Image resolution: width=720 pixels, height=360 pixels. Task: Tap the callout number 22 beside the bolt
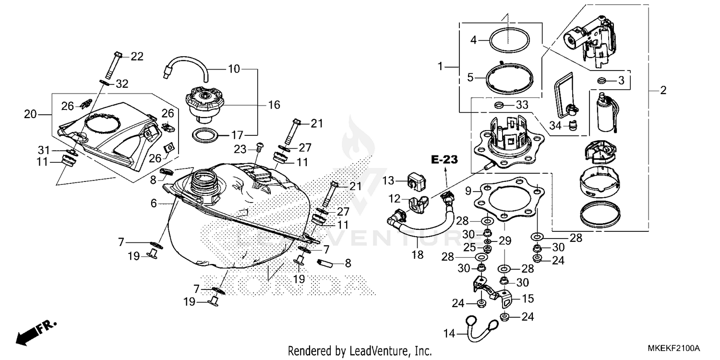[x=137, y=57]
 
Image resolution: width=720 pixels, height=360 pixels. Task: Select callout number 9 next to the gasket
[x=468, y=190]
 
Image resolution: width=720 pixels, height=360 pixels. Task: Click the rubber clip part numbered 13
[x=417, y=180]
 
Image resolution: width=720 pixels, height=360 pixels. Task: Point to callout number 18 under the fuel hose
[x=418, y=255]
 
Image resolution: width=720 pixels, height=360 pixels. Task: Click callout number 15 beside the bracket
[x=528, y=299]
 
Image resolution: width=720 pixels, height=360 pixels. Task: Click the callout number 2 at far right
[x=663, y=90]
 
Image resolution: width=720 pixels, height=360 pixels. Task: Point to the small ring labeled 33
[x=499, y=104]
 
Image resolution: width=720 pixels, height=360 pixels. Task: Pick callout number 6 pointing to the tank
[x=154, y=203]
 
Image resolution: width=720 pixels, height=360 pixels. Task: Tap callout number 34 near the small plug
[x=555, y=126]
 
